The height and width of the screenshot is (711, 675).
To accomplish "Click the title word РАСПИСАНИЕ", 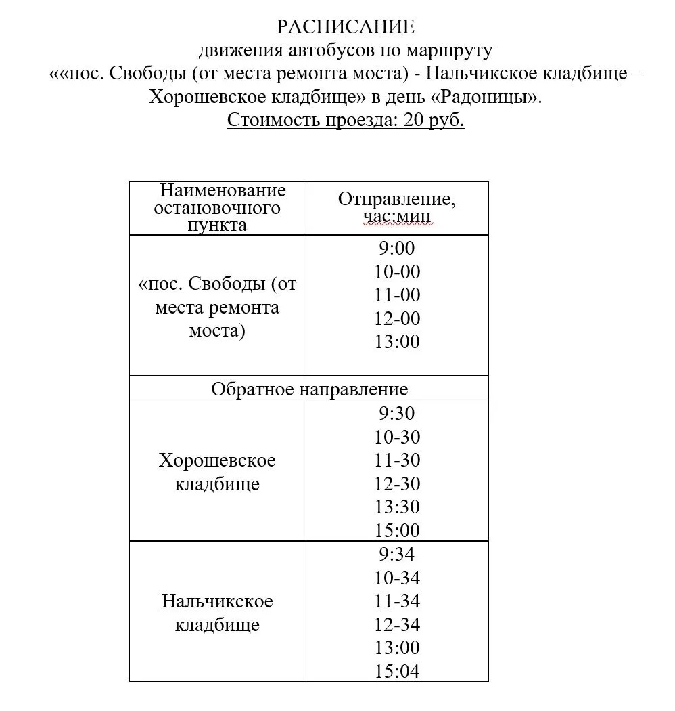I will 345,27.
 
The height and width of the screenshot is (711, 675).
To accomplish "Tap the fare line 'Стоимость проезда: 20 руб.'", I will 346,121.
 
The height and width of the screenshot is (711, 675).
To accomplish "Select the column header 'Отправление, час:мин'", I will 396,208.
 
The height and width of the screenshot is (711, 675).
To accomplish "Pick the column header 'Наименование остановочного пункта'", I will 217,208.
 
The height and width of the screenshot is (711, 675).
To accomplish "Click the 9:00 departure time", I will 396,249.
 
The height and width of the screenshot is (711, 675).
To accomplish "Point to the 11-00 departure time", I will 396,295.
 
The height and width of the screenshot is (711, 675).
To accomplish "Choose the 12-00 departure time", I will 396,318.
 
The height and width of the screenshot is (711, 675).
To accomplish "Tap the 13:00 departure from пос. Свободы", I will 396,342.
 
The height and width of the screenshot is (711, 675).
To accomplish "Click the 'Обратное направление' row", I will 309,389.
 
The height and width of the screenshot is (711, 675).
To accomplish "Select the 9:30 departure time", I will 396,413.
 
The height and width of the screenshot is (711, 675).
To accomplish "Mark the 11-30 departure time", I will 396,460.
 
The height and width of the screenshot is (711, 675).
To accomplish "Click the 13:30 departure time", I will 396,507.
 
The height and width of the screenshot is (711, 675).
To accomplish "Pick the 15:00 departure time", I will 396,530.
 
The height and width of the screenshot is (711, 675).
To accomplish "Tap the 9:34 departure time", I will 396,555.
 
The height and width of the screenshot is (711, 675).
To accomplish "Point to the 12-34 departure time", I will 396,624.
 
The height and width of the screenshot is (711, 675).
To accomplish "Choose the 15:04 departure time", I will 396,671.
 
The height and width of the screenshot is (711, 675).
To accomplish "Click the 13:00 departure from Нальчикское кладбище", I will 396,647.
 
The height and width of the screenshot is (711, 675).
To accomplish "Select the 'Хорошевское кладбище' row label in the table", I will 217,473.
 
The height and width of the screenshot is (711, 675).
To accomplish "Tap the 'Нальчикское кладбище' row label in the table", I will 217,613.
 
